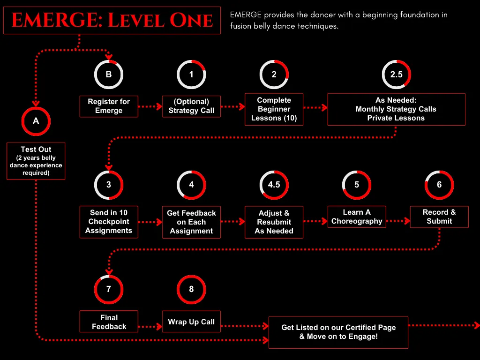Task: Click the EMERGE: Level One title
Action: coord(112,20)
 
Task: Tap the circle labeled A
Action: coord(36,121)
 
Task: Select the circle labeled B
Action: coord(109,74)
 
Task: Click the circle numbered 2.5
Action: coord(396,74)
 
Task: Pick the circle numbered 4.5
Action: coord(274,185)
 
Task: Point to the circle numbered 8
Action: coord(191,289)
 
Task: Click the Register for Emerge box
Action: coord(109,106)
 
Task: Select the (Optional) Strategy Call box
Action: coord(191,106)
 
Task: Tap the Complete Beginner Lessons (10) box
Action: coord(274,109)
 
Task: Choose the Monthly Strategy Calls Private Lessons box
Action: coord(396,109)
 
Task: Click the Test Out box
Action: coord(36,161)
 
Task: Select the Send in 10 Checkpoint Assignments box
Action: coord(109,222)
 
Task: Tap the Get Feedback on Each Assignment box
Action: coord(191,222)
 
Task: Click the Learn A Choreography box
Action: coord(357,217)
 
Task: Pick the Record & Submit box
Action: coord(439,217)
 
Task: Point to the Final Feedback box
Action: coord(109,322)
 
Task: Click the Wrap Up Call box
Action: coord(191,322)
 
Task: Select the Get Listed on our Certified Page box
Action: coord(338,332)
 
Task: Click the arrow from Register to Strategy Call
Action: coord(150,106)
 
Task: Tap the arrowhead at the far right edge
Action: coord(477,325)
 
